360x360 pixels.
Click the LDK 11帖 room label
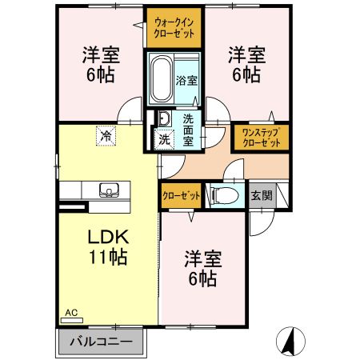(106, 249)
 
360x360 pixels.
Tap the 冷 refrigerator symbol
(105, 136)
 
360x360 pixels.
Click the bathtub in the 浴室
(161, 80)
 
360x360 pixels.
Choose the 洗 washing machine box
(163, 139)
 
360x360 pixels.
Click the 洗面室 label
(188, 127)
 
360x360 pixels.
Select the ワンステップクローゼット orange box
(260, 138)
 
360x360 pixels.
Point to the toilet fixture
(224, 194)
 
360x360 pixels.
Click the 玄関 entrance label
(262, 194)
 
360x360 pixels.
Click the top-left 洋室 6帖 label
(100, 65)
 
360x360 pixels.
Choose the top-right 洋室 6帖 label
(244, 65)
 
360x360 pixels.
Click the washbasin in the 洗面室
(163, 119)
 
